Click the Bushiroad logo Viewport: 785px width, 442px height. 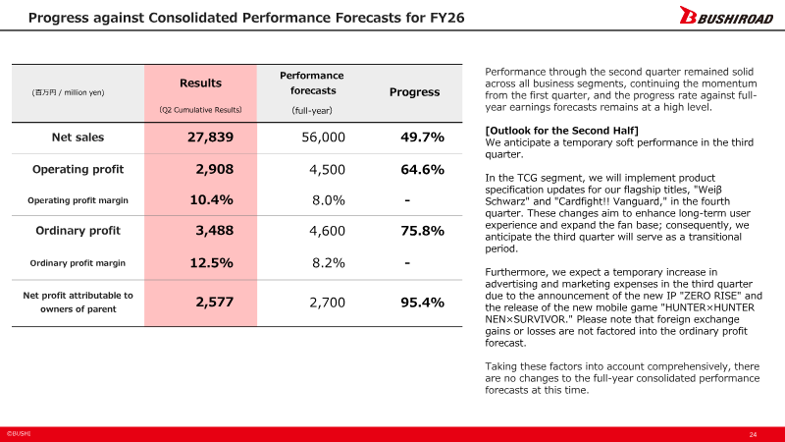pyautogui.click(x=726, y=15)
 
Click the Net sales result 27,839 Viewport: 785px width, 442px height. pyautogui.click(x=210, y=138)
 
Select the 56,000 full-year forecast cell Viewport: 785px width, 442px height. pyautogui.click(x=323, y=138)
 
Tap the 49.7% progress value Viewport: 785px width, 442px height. pyautogui.click(x=422, y=138)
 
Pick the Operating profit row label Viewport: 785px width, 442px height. pyautogui.click(x=78, y=169)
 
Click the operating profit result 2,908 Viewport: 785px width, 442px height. pyautogui.click(x=214, y=169)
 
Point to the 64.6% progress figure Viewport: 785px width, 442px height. pyautogui.click(x=422, y=169)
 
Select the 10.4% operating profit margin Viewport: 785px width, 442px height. pyautogui.click(x=211, y=200)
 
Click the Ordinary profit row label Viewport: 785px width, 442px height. pyautogui.click(x=78, y=231)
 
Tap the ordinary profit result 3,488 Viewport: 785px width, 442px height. pyautogui.click(x=214, y=231)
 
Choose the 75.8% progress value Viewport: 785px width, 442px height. pyautogui.click(x=422, y=231)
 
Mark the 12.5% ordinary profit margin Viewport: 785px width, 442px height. pyautogui.click(x=211, y=262)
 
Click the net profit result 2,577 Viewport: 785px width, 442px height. pyautogui.click(x=214, y=303)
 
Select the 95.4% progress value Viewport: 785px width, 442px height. pyautogui.click(x=422, y=303)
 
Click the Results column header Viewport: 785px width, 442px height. pyautogui.click(x=200, y=83)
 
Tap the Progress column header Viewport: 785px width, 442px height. pyautogui.click(x=414, y=92)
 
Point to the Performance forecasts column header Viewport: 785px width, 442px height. pyautogui.click(x=311, y=83)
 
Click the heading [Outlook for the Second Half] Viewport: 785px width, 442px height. pyautogui.click(x=561, y=131)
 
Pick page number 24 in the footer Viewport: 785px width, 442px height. pyautogui.click(x=753, y=434)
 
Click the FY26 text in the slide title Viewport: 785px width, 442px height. pyautogui.click(x=447, y=18)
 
